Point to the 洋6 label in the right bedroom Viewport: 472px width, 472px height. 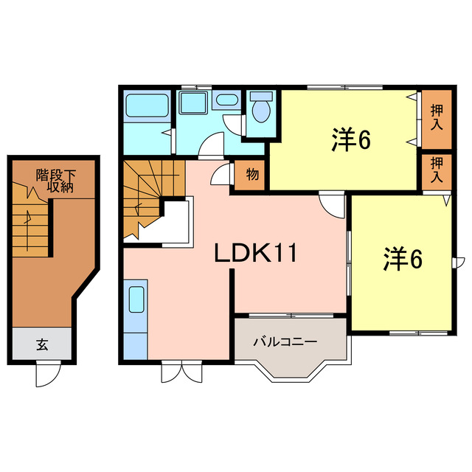point(401,260)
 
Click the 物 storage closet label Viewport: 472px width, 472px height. point(252,176)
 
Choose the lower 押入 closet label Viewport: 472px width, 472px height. point(437,171)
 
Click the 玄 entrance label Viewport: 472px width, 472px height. point(42,344)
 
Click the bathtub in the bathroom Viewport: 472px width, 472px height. point(146,105)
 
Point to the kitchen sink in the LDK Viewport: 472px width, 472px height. point(137,301)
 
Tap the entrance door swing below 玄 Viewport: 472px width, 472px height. point(46,375)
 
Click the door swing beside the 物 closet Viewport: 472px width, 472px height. point(221,175)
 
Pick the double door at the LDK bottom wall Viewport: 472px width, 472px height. point(180,370)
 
